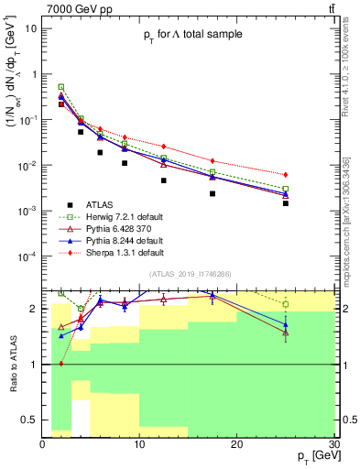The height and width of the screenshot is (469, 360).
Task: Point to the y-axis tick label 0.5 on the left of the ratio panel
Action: tap(28, 419)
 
